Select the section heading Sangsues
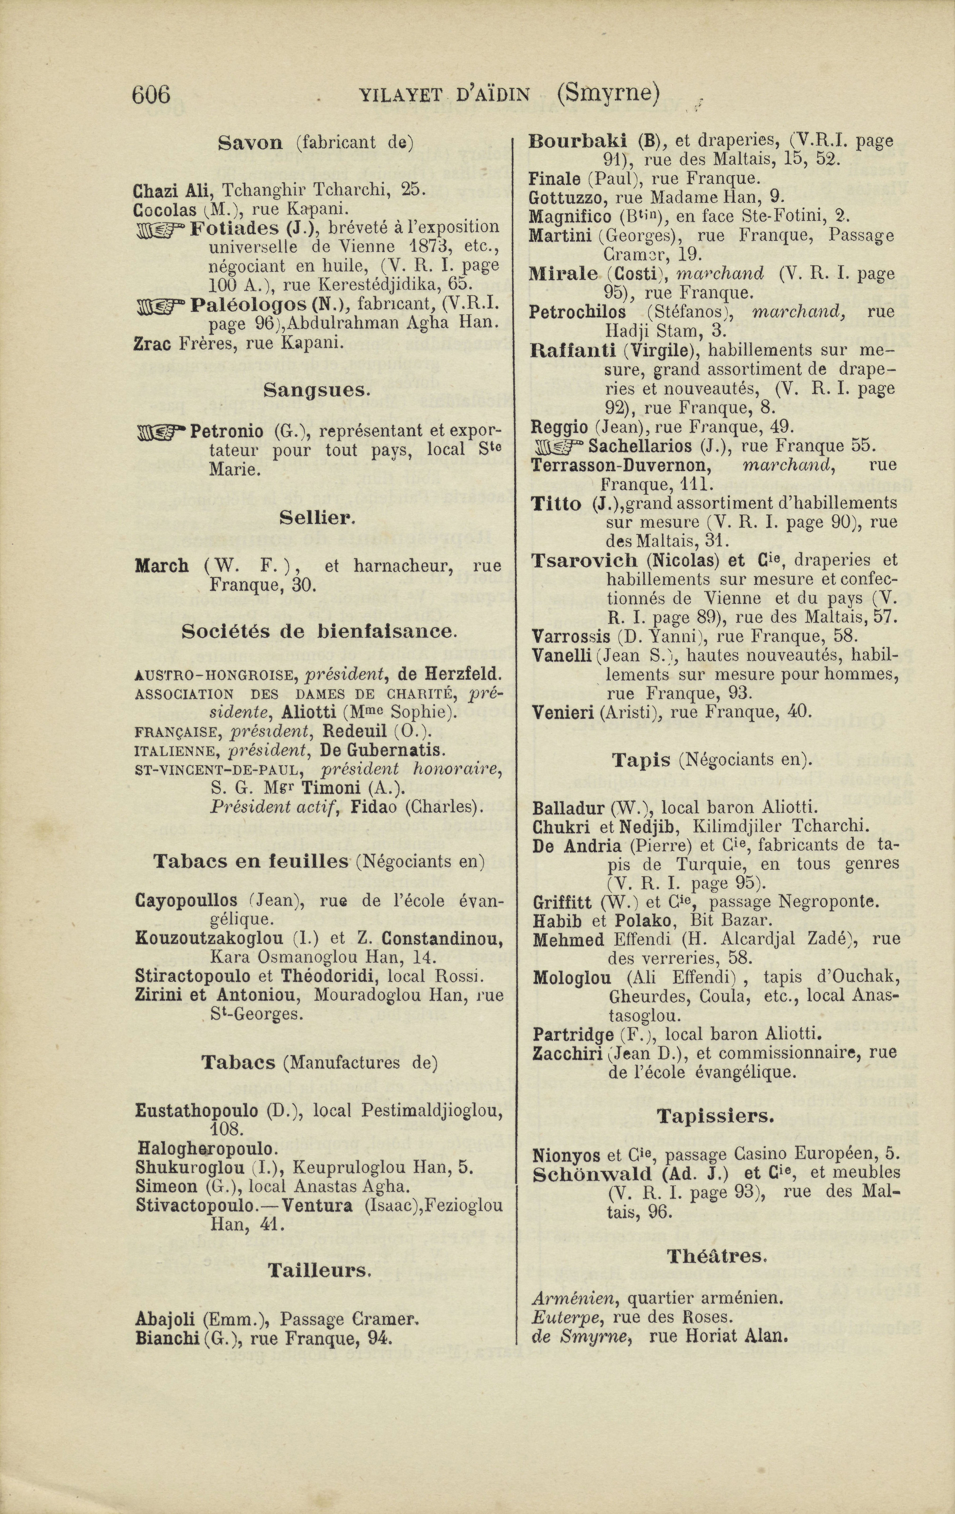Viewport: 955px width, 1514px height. point(314,391)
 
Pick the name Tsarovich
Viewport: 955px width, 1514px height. point(585,560)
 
